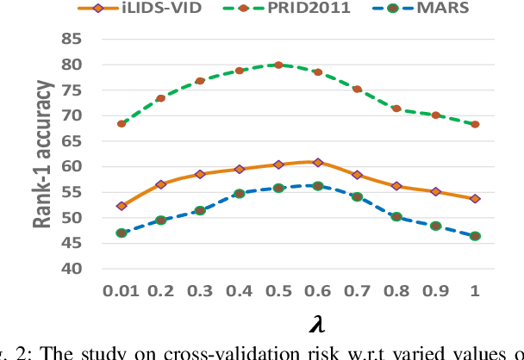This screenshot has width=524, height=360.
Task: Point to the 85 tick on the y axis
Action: pyautogui.click(x=72, y=39)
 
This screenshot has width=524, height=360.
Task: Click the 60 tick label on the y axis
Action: pyautogui.click(x=72, y=166)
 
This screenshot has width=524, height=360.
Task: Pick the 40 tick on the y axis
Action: pyautogui.click(x=72, y=269)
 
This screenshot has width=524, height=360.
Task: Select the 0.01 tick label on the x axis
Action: pyautogui.click(x=121, y=291)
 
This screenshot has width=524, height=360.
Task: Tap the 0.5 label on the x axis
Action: pyautogui.click(x=278, y=291)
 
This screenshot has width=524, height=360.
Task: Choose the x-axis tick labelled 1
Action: pyautogui.click(x=475, y=291)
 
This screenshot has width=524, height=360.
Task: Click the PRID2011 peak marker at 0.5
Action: pyautogui.click(x=278, y=65)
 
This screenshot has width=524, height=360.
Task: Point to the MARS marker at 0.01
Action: pyautogui.click(x=122, y=233)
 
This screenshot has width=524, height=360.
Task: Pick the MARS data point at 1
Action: pyautogui.click(x=475, y=236)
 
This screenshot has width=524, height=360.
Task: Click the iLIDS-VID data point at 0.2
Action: pyautogui.click(x=160, y=184)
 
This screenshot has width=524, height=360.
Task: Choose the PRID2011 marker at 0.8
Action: pyautogui.click(x=396, y=109)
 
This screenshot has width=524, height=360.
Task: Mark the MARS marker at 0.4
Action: pyautogui.click(x=239, y=194)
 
